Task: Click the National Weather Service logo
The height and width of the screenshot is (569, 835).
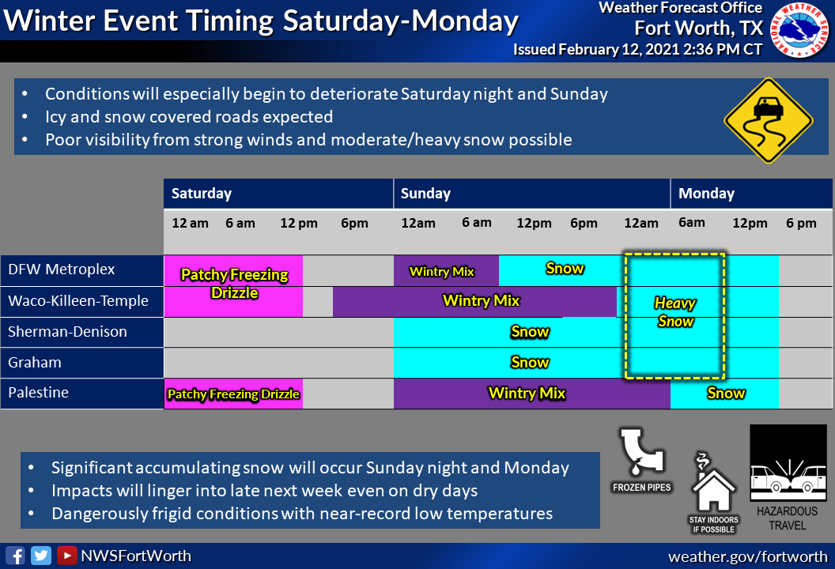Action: (799, 29)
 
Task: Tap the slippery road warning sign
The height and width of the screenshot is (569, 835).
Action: (769, 121)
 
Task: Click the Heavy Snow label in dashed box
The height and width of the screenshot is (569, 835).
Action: (675, 312)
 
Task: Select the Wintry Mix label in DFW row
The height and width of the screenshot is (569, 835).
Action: (441, 271)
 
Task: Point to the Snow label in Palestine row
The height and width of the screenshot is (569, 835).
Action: (726, 394)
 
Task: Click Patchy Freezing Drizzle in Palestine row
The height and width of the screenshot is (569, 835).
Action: (233, 394)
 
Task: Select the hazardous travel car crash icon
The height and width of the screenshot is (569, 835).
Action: (788, 462)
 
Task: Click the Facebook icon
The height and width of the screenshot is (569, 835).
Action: (15, 556)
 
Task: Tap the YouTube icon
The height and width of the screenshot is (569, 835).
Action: (66, 556)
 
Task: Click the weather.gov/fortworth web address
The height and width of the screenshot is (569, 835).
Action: (748, 557)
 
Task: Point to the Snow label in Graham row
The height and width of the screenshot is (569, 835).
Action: (530, 363)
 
